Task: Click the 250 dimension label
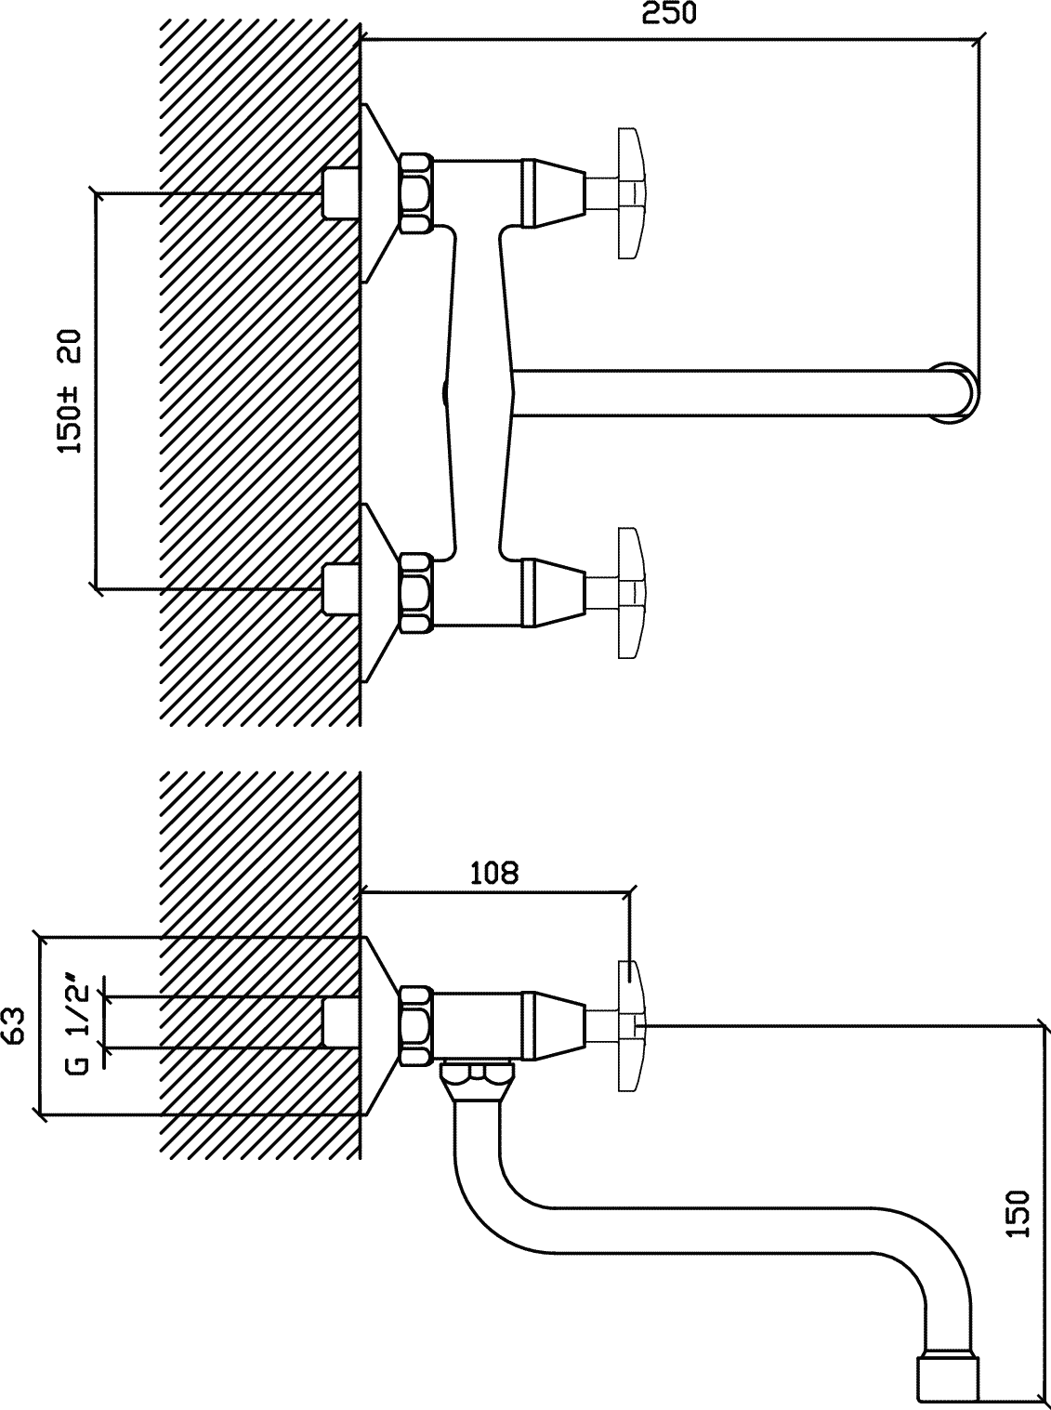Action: pos(669,14)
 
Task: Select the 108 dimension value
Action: pos(493,874)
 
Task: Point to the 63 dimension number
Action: pos(14,1026)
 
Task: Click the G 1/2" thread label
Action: pos(77,1026)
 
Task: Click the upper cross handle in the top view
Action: pos(631,193)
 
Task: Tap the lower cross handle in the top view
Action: pos(631,592)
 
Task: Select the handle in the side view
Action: pos(631,1026)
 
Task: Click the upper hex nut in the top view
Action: pos(416,192)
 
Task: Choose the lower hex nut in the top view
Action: pos(416,592)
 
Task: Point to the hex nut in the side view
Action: pos(416,1026)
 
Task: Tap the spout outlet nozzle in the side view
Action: pos(948,1376)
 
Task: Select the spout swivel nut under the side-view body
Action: pos(477,1083)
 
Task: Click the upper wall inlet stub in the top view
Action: pos(340,193)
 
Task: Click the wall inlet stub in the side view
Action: pos(340,1026)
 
